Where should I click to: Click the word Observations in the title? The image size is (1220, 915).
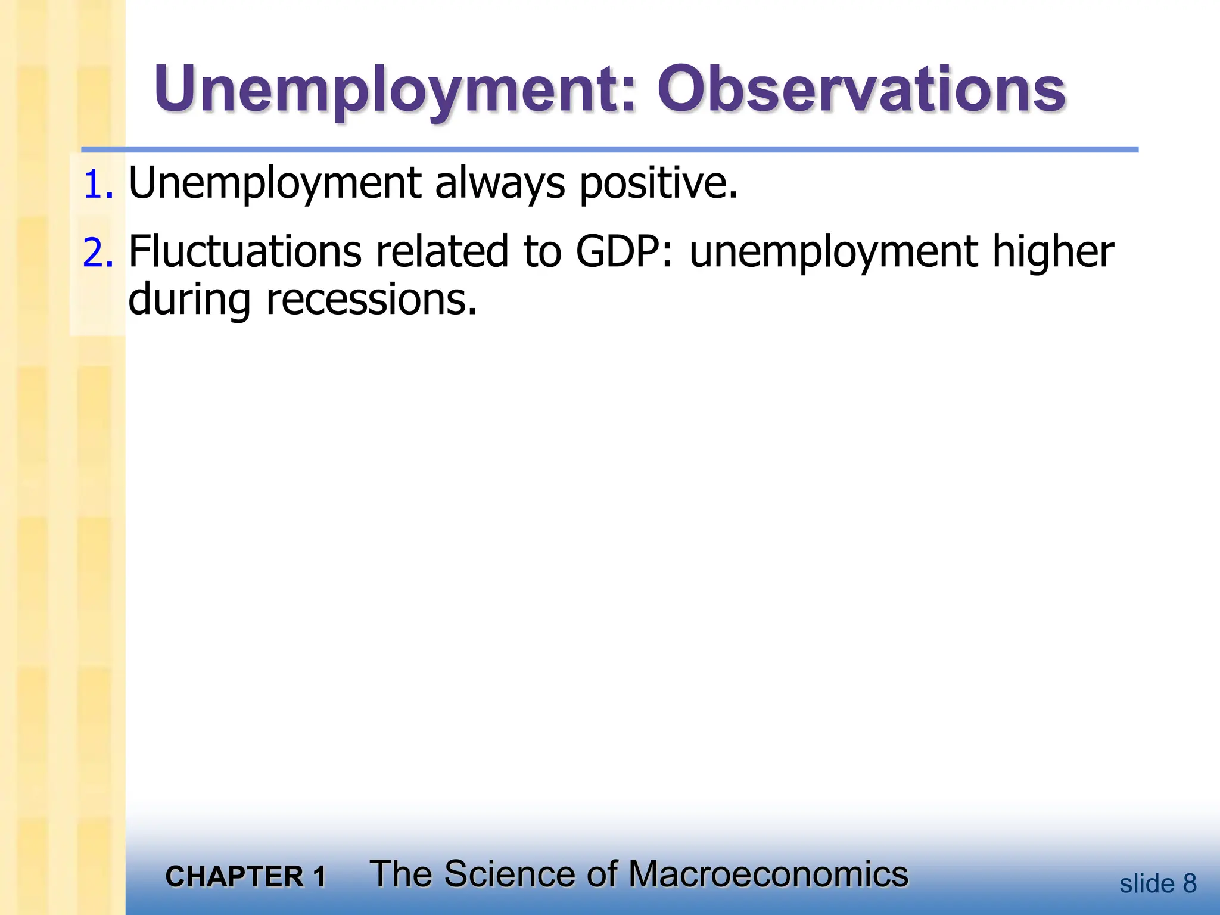click(x=861, y=91)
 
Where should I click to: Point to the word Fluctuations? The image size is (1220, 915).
click(x=245, y=251)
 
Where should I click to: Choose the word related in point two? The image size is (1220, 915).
click(x=441, y=251)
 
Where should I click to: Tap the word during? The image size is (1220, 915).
click(x=189, y=300)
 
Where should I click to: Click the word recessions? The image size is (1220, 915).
click(x=370, y=300)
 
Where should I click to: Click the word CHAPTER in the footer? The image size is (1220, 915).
click(x=235, y=877)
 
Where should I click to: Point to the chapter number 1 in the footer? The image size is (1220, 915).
click(x=319, y=877)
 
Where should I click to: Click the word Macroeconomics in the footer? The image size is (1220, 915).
click(x=768, y=874)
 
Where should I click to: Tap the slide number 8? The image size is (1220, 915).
click(x=1189, y=883)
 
